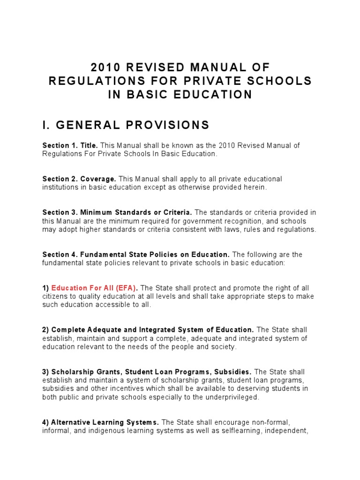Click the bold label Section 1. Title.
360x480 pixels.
coord(70,146)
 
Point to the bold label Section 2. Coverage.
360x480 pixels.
coord(79,179)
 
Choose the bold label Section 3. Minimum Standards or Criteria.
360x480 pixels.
coord(117,213)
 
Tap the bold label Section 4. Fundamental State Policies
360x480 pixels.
coord(136,255)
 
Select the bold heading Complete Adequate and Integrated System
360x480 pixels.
coord(153,330)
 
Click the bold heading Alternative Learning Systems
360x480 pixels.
coord(105,422)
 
